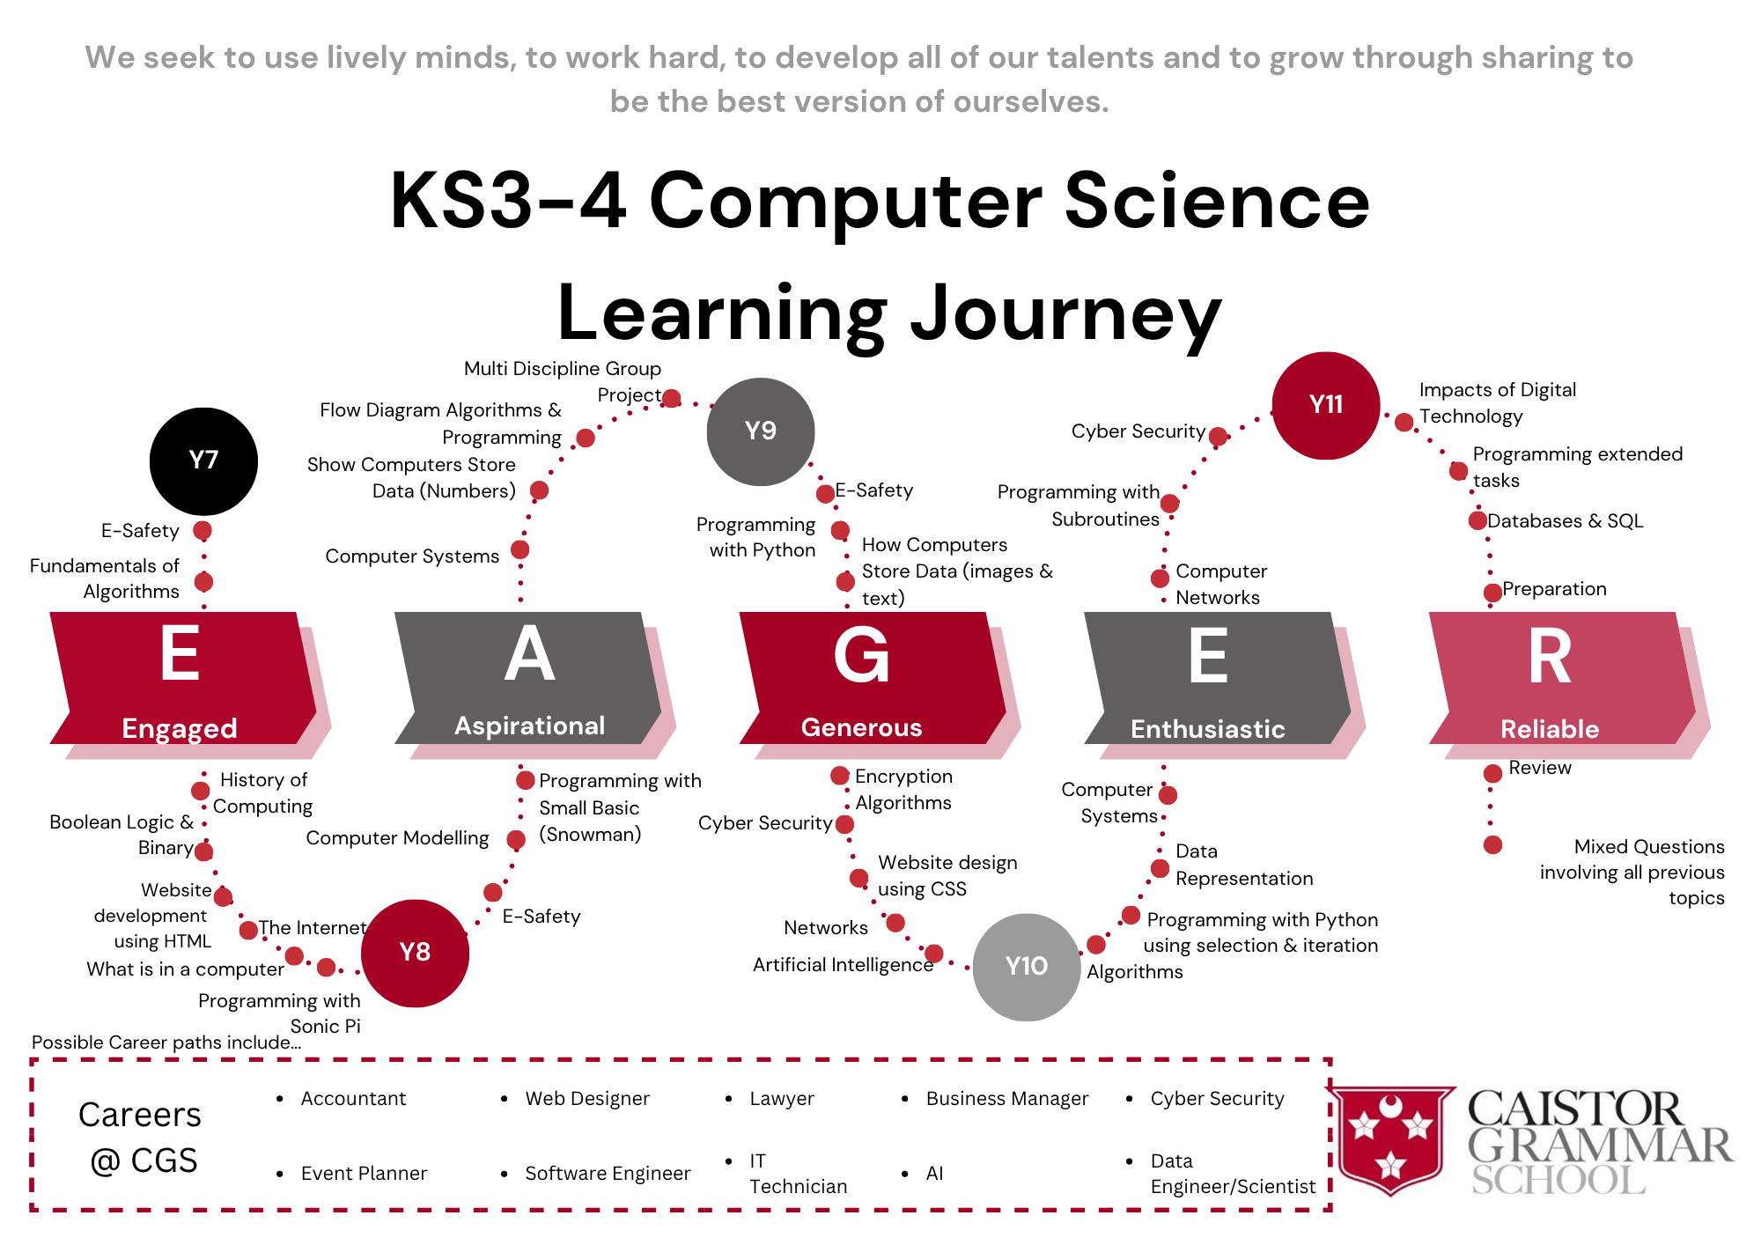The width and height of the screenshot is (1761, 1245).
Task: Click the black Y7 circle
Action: (203, 461)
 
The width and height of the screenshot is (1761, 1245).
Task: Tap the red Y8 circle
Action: (415, 953)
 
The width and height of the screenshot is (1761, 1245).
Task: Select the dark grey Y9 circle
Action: (761, 431)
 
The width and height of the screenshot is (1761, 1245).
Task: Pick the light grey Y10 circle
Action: (1027, 967)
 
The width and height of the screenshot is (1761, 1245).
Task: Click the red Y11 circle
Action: (1326, 405)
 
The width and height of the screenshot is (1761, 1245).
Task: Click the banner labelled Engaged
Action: (183, 678)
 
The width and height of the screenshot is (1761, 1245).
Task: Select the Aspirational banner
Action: (528, 678)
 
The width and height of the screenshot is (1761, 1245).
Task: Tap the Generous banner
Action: (873, 678)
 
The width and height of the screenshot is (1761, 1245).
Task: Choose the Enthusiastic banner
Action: (1218, 678)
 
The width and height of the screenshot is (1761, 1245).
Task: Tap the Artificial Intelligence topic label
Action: (843, 965)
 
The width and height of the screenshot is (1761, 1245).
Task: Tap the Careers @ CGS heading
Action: (140, 1138)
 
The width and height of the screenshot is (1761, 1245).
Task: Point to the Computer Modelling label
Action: (397, 838)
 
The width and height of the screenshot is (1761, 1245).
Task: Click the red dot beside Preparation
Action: (1492, 593)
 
